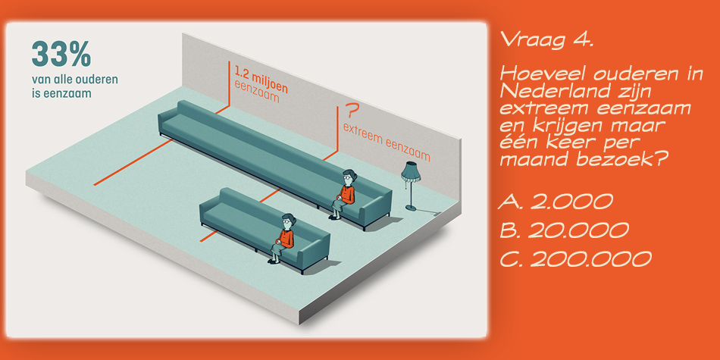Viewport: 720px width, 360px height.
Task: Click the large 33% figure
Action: coord(61,55)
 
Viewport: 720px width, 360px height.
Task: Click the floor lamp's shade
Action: coord(412,171)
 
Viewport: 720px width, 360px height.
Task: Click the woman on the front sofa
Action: coord(284,238)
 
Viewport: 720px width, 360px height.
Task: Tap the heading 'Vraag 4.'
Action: coord(547,39)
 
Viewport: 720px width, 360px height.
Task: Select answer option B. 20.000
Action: coord(565,230)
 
